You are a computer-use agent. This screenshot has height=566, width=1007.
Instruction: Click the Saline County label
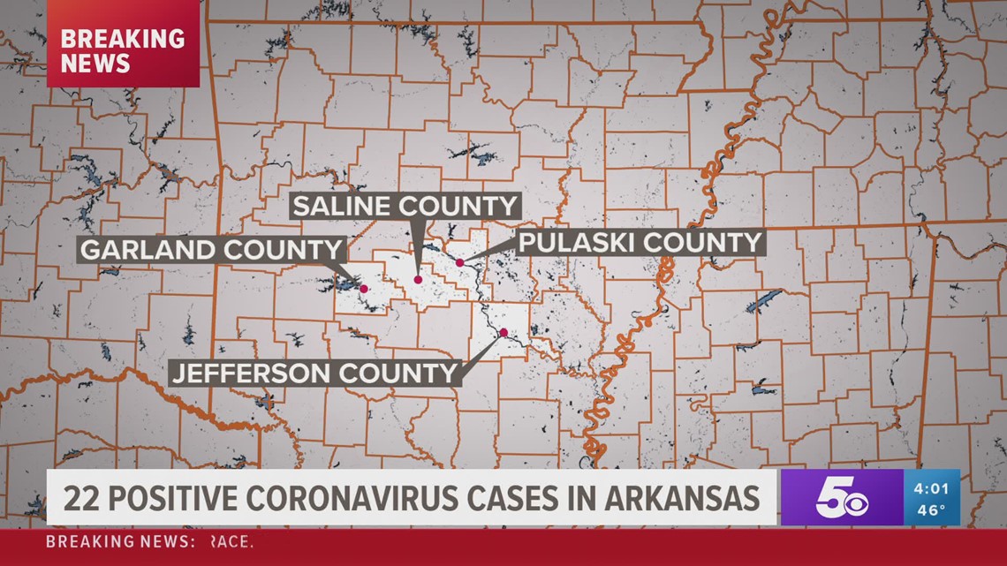pyautogui.click(x=405, y=207)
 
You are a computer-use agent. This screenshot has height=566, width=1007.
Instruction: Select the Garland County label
pyautogui.click(x=210, y=249)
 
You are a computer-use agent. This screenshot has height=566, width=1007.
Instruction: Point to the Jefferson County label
pyautogui.click(x=316, y=373)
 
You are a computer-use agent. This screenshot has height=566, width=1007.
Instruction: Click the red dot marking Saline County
pyautogui.click(x=418, y=280)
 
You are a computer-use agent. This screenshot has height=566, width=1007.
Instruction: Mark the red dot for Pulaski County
pyautogui.click(x=459, y=262)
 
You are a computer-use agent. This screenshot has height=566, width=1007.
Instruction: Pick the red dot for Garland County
pyautogui.click(x=363, y=288)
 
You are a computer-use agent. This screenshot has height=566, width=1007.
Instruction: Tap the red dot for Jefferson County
pyautogui.click(x=503, y=333)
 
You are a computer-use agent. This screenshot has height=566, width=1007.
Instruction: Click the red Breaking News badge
pyautogui.click(x=123, y=51)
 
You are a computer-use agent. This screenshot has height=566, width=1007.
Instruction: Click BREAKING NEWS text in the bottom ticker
pyautogui.click(x=119, y=541)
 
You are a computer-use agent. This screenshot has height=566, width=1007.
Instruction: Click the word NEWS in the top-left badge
pyautogui.click(x=95, y=64)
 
